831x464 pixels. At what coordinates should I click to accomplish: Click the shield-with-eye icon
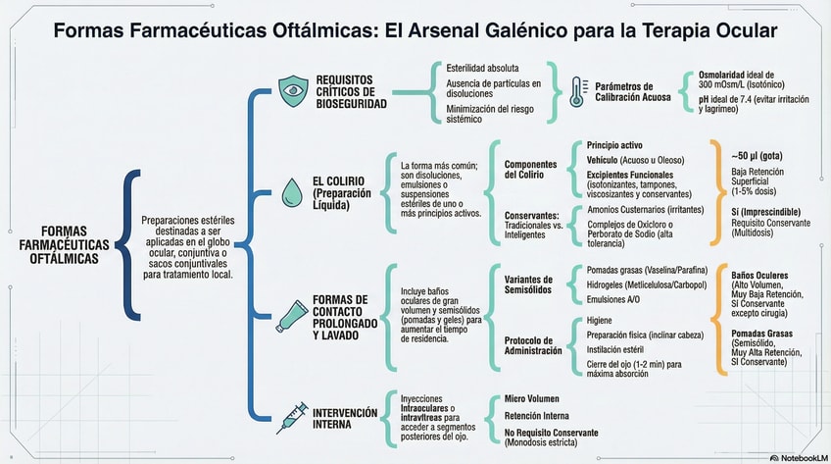[x=292, y=90]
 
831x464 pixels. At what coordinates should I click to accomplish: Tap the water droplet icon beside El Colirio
[x=292, y=189]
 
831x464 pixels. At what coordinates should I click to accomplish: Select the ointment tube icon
[x=292, y=313]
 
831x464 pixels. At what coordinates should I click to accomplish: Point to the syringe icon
[x=292, y=420]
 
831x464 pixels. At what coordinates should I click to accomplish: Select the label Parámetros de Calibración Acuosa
[x=630, y=91]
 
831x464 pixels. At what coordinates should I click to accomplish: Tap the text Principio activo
[x=614, y=144]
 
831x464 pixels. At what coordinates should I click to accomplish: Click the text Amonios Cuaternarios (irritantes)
[x=642, y=209]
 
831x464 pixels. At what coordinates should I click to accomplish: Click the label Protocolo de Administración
[x=533, y=344]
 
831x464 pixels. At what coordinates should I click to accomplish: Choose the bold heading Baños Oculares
[x=759, y=276]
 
